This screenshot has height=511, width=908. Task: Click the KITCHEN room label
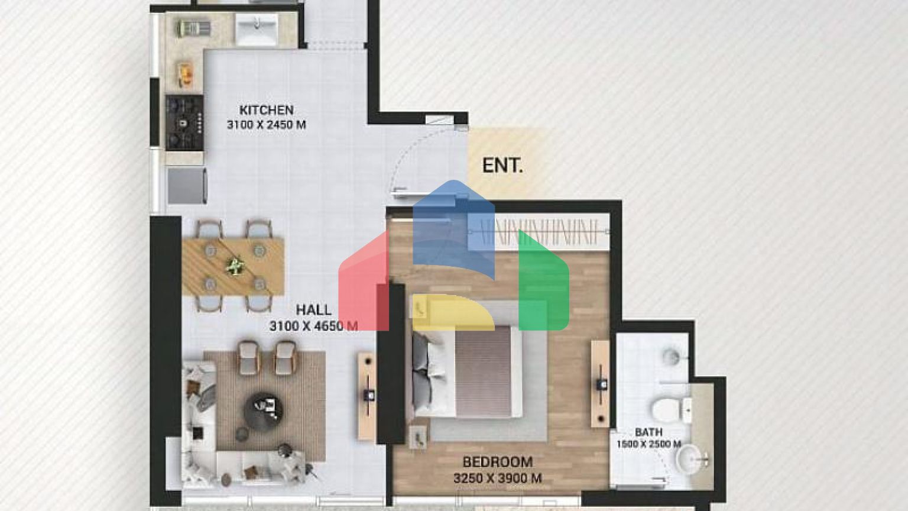tap(267, 110)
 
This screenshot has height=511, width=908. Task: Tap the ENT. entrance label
tap(502, 166)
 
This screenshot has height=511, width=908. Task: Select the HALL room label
tap(313, 310)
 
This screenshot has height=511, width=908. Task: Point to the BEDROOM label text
tap(497, 462)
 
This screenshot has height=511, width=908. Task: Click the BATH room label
tap(648, 432)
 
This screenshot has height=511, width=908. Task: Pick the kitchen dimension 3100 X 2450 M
tap(267, 125)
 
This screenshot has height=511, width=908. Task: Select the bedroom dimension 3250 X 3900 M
tap(497, 478)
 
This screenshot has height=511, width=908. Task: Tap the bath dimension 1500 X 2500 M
tap(648, 445)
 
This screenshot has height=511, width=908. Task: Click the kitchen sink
tap(257, 28)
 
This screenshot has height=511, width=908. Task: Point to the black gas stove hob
tap(184, 122)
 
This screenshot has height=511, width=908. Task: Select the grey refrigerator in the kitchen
tap(187, 185)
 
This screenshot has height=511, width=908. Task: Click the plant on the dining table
tap(234, 267)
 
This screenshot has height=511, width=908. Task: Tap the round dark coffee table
tap(264, 410)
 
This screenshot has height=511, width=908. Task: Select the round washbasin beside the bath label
tap(690, 460)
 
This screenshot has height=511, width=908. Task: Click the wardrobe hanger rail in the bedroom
tap(539, 232)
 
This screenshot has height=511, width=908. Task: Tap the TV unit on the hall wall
tap(367, 396)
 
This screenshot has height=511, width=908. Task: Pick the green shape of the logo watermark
tap(543, 284)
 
